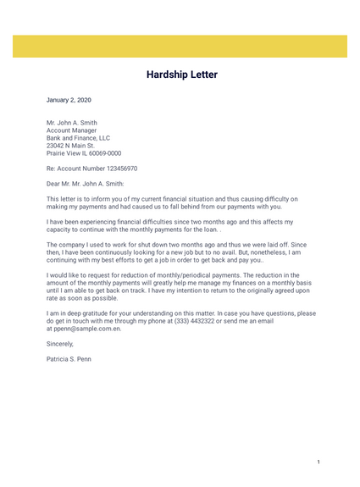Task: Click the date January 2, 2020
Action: pos(69,100)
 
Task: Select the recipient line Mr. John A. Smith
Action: pos(71,122)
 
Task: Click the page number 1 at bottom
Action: pos(318,462)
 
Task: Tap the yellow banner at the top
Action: pos(180,46)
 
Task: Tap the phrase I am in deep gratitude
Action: pos(84,313)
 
